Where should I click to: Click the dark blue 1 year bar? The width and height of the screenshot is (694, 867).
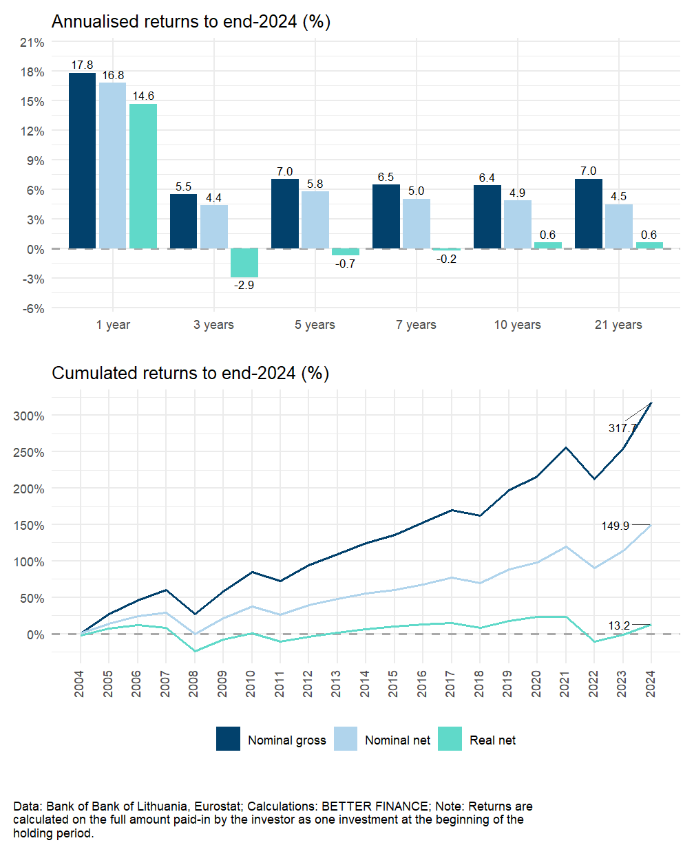click(82, 161)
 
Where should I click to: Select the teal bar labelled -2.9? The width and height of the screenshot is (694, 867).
click(244, 263)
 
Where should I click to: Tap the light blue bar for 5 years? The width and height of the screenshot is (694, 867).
click(315, 220)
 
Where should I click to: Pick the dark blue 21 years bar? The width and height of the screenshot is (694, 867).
click(588, 214)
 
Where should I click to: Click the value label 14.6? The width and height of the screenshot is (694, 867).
click(143, 96)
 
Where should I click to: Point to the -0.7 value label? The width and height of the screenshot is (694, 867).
click(346, 264)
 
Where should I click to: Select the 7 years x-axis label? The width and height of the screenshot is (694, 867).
click(416, 325)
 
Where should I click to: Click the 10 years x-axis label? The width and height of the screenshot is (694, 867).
click(517, 325)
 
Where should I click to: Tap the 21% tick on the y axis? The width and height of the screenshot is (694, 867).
click(32, 43)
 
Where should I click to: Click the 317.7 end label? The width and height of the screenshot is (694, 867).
click(622, 428)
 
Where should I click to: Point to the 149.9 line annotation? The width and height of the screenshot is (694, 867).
click(615, 526)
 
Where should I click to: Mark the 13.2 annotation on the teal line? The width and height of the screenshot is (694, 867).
click(619, 625)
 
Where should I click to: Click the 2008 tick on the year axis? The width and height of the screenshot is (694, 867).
click(193, 684)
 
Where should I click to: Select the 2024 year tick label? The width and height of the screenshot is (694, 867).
click(651, 684)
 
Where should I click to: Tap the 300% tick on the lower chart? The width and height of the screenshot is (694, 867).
click(29, 416)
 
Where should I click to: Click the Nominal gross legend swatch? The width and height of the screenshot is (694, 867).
click(228, 739)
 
